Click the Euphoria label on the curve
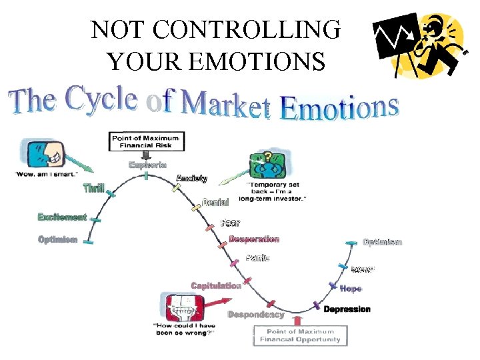(147, 164)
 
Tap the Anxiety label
(191, 178)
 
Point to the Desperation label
(254, 239)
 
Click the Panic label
(257, 257)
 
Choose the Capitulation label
(216, 285)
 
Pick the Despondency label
(256, 314)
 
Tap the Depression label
(347, 309)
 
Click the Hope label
(351, 289)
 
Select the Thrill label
(93, 189)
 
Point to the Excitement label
(63, 217)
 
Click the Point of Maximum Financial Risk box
(147, 141)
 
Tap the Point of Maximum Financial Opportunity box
(300, 335)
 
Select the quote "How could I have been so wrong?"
(184, 329)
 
